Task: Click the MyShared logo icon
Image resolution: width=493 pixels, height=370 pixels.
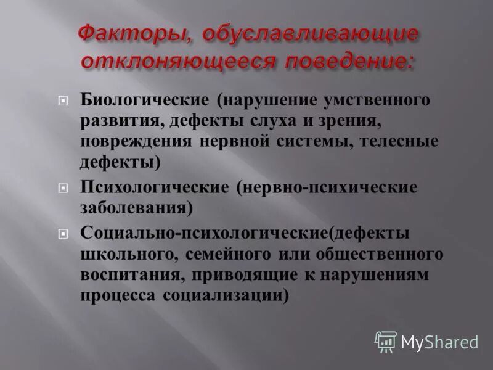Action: click(x=386, y=341)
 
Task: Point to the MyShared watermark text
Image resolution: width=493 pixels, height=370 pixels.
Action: click(x=439, y=342)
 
